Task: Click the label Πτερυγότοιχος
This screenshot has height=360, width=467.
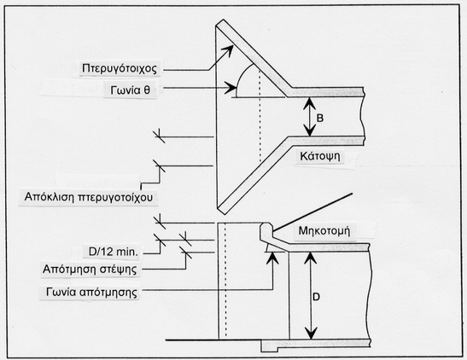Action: (x=120, y=69)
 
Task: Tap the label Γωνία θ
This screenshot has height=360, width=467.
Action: (x=130, y=90)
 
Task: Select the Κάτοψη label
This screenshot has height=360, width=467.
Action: (x=320, y=156)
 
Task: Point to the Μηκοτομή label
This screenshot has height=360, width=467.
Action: (x=324, y=231)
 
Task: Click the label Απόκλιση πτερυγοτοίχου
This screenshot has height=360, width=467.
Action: (x=89, y=197)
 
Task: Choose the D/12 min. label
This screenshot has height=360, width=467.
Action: (x=114, y=252)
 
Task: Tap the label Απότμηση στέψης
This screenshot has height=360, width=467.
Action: (x=90, y=270)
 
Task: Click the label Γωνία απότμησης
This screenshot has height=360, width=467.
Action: (x=91, y=292)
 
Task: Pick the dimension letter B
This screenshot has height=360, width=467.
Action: (x=319, y=118)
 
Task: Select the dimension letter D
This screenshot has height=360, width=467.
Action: (x=316, y=297)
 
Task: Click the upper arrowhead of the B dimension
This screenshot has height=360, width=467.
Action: (x=310, y=103)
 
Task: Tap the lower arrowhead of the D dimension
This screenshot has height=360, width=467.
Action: (x=311, y=333)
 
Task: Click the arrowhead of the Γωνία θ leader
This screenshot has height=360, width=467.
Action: (x=231, y=88)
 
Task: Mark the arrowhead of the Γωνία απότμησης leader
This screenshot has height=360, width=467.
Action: (x=272, y=258)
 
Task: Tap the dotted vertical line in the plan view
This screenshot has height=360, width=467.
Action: (x=260, y=116)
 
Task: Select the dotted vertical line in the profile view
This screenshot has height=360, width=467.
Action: (x=225, y=281)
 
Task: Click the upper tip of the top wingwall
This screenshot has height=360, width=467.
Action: (x=223, y=20)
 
